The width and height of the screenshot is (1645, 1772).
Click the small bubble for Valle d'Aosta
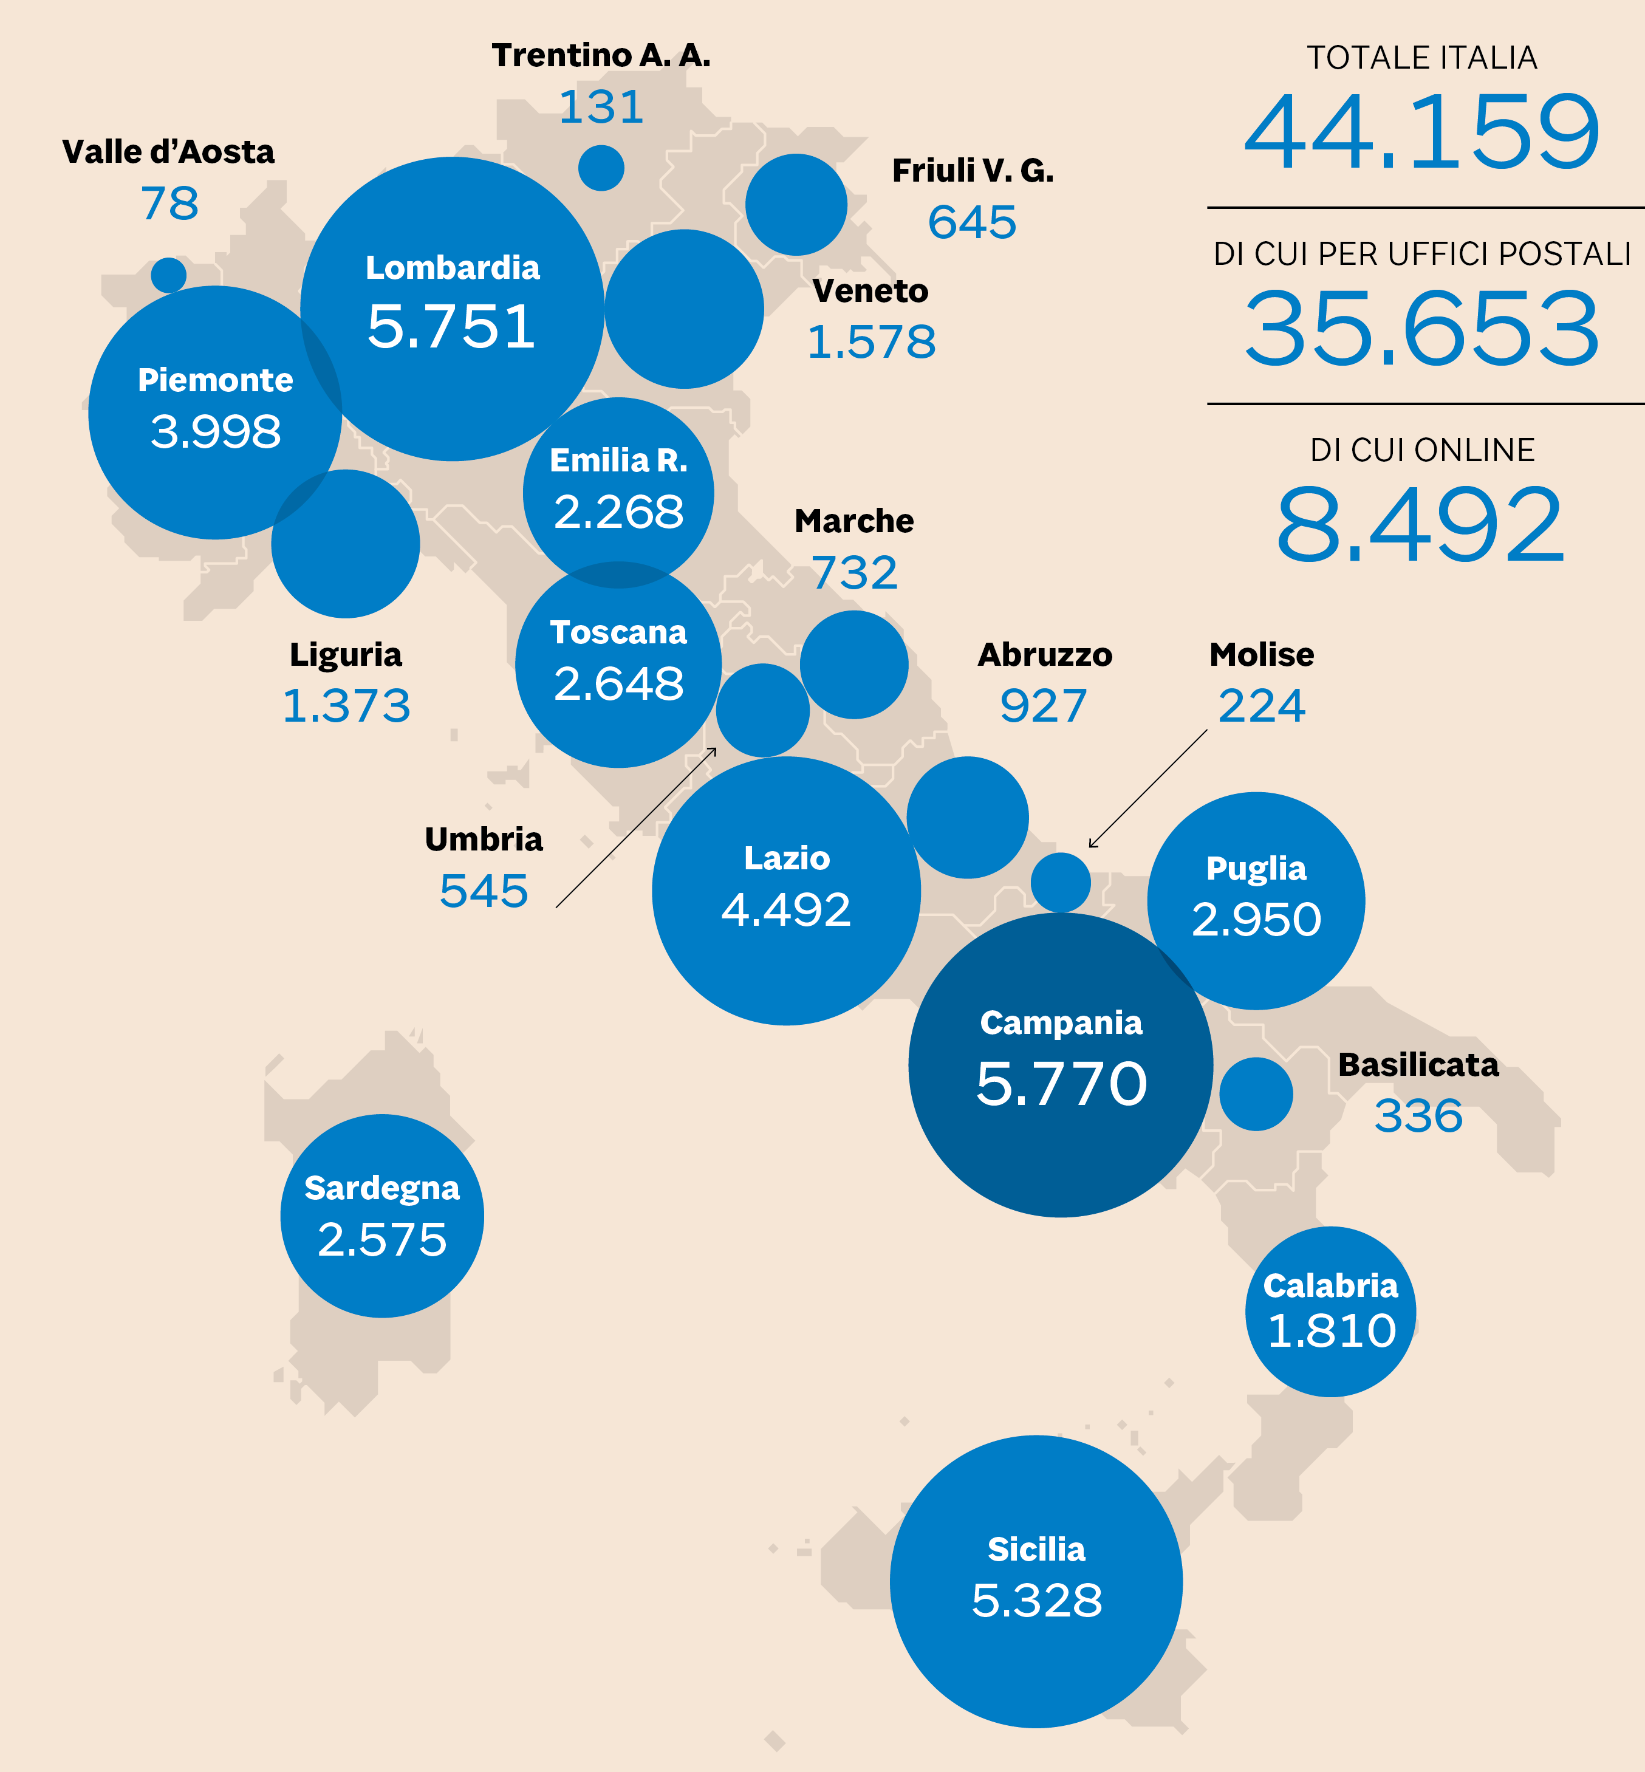pos(168,275)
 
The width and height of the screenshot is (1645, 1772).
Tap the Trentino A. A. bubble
pos(601,167)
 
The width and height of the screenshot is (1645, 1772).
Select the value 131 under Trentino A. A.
pos(601,108)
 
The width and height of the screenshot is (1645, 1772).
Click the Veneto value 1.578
pos(870,343)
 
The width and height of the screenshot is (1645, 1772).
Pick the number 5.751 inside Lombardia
pos(451,327)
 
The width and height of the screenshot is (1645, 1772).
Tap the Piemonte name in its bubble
pos(216,380)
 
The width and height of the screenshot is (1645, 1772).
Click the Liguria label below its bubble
pos(346,654)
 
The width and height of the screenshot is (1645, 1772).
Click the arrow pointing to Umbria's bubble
pos(635,828)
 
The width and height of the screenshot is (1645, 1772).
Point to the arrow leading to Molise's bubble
pos(1147,789)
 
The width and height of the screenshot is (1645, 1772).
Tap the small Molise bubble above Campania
pos(1060,882)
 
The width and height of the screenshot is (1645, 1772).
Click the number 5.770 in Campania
pos(1061,1084)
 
